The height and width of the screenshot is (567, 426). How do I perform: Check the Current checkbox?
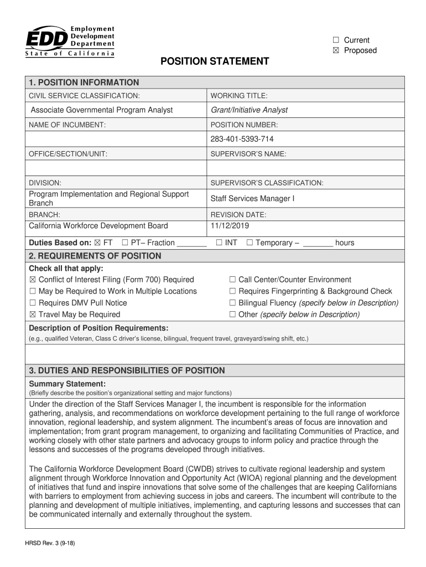click(335, 40)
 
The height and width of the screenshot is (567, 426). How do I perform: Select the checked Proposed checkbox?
click(335, 50)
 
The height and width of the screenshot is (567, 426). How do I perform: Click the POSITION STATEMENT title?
click(215, 61)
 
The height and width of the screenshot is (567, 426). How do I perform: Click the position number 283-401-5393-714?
click(242, 139)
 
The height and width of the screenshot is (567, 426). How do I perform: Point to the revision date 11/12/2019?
click(230, 226)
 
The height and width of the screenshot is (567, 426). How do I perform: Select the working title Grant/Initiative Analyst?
click(249, 110)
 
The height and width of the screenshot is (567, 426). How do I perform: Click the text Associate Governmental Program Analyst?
click(101, 110)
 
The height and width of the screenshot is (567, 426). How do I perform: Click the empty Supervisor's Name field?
click(305, 168)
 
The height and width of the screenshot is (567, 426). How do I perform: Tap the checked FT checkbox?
click(97, 243)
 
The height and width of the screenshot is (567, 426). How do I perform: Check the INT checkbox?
click(220, 243)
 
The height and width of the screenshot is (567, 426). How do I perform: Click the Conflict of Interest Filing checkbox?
click(33, 280)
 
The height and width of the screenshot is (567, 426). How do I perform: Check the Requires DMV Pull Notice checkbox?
click(33, 303)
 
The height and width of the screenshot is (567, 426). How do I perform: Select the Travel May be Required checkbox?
click(33, 315)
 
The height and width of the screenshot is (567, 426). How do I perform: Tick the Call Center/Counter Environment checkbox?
click(232, 280)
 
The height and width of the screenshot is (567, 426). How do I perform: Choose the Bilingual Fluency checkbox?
click(232, 303)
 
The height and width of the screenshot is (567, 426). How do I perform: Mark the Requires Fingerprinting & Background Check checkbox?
click(232, 291)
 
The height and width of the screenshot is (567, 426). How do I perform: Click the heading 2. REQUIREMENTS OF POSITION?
click(95, 256)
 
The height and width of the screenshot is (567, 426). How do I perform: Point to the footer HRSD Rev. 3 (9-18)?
click(50, 543)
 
